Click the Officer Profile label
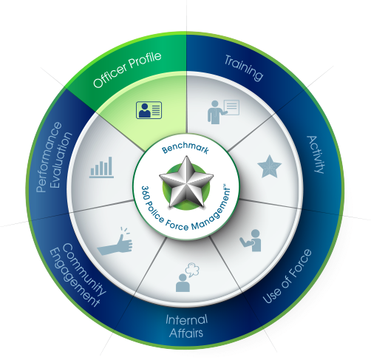tap(127, 69)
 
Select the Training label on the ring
tap(244, 68)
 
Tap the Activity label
tap(316, 154)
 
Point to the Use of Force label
tap(287, 276)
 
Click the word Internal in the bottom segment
tap(186, 319)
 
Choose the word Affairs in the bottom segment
tap(186, 333)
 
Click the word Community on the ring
tap(84, 269)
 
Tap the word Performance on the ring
tap(49, 157)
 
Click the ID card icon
tap(149, 110)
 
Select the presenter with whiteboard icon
tap(223, 112)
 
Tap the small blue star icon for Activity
tap(269, 166)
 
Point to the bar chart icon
tap(102, 167)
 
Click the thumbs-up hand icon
tap(115, 242)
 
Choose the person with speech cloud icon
tap(188, 277)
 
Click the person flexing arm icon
tap(251, 240)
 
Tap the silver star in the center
tap(186, 181)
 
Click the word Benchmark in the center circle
tap(185, 148)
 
